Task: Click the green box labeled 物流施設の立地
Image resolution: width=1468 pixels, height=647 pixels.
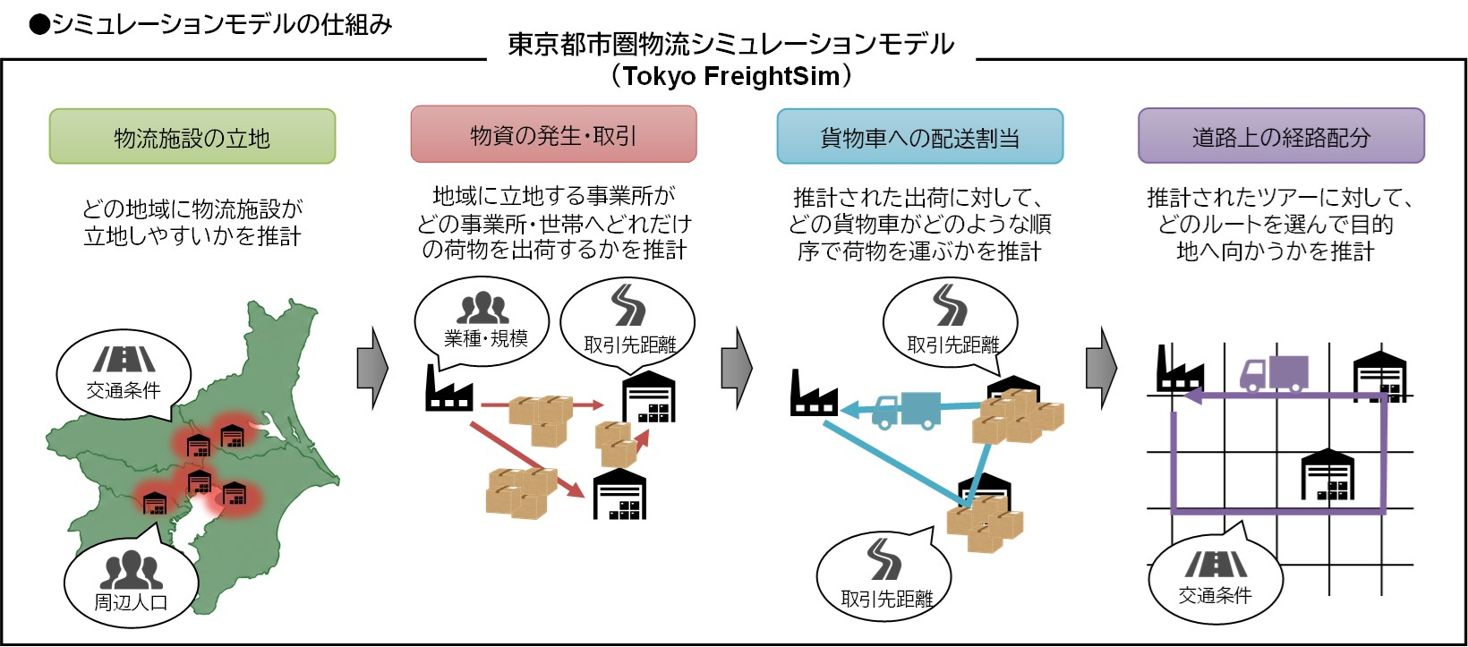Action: point(192,137)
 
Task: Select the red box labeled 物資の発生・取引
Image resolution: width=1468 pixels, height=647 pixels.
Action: point(553,135)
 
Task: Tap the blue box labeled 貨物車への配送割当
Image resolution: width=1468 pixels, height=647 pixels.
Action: point(919,137)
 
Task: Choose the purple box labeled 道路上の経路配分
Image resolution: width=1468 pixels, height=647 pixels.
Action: point(1280,136)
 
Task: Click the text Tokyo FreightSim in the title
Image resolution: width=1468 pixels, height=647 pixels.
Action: point(731,76)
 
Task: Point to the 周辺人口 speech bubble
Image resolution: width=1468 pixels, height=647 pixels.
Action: point(131,582)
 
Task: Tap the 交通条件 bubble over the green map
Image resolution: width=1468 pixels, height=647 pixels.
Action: point(124,373)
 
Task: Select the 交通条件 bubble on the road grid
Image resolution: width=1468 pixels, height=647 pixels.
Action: point(1215,578)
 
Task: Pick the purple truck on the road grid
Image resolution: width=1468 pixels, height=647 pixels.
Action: point(1274,373)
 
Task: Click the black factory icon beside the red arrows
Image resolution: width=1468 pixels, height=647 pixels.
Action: point(448,388)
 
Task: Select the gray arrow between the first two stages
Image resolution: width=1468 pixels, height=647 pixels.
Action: point(372,367)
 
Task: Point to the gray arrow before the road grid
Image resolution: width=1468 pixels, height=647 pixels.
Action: point(1101,367)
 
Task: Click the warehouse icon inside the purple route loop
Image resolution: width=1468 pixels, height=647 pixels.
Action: point(1327,475)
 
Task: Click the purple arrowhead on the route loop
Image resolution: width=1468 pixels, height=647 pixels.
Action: point(1191,396)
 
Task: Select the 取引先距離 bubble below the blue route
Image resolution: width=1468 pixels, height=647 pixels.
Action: point(884,577)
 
